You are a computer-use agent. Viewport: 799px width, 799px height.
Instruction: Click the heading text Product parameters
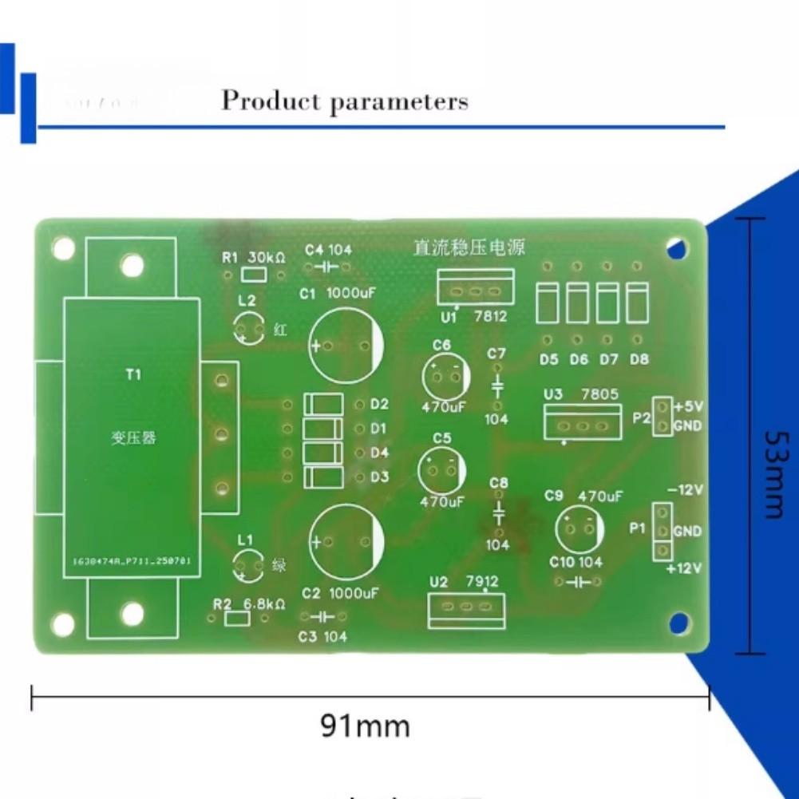point(344,101)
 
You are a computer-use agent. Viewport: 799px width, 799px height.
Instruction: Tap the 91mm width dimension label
point(366,726)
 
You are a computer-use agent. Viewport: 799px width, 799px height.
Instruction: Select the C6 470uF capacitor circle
point(445,377)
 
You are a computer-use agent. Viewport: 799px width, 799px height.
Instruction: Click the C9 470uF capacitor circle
point(579,529)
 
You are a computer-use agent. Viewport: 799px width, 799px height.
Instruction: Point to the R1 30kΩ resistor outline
point(254,275)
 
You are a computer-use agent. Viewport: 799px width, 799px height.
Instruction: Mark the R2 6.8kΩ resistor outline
point(237,619)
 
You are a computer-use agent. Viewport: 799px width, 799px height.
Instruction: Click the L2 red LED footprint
point(248,329)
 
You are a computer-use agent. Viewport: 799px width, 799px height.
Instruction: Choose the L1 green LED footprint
point(247,566)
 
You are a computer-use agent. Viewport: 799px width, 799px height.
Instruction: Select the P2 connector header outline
point(662,417)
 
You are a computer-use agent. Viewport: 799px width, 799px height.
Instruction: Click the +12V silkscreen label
point(683,568)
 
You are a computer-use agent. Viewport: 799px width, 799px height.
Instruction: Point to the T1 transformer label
point(133,374)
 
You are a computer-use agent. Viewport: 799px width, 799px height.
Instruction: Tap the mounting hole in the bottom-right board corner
point(678,623)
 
